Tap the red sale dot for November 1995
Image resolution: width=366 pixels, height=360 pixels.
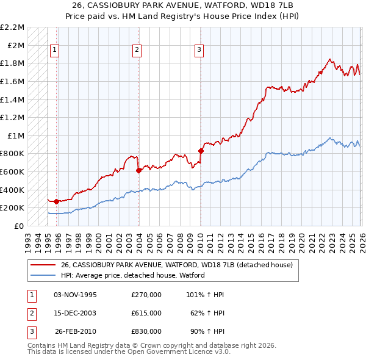(56, 201)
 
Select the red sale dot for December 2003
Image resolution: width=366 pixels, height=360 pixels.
(138, 170)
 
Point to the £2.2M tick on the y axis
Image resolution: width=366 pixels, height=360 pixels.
(13, 27)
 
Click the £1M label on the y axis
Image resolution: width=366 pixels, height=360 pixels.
(16, 135)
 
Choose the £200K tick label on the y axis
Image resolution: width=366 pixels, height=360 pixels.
(13, 208)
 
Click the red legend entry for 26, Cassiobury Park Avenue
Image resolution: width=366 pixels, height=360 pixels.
(177, 265)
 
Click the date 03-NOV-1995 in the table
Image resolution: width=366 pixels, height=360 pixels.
(76, 295)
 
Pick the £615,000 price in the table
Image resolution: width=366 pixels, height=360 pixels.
(146, 313)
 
